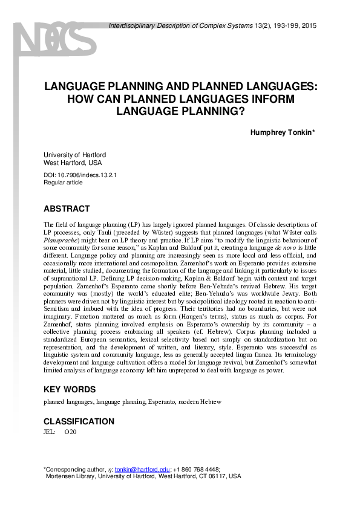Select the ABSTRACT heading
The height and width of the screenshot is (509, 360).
[x=67, y=209]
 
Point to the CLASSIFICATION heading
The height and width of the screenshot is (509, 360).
[x=79, y=421]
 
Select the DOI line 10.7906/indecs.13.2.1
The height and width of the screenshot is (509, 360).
[x=80, y=175]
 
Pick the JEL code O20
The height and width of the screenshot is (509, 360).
[x=70, y=432]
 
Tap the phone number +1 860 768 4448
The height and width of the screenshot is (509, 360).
[x=197, y=469]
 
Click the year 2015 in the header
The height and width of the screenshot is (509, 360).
[x=309, y=26]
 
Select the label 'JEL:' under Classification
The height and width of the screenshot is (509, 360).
[x=50, y=432]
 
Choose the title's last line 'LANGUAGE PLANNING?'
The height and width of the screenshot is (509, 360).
[x=181, y=111]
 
